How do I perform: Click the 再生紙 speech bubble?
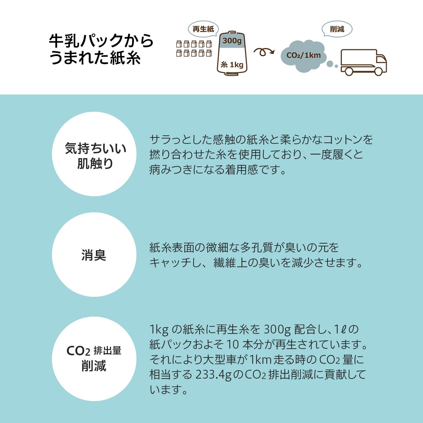pyautogui.click(x=203, y=29)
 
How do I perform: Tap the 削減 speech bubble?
pyautogui.click(x=337, y=29)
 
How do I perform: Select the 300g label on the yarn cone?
pyautogui.click(x=232, y=41)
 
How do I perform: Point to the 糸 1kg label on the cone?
pyautogui.click(x=232, y=65)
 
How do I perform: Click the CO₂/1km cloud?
pyautogui.click(x=304, y=55)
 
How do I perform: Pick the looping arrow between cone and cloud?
pyautogui.click(x=264, y=52)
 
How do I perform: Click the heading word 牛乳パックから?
pyautogui.click(x=102, y=41)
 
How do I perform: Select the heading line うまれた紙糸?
pyautogui.click(x=95, y=58)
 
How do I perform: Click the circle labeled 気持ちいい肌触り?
pyautogui.click(x=94, y=154)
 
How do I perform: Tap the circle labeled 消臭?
pyautogui.click(x=94, y=255)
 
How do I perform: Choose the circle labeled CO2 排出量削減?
pyautogui.click(x=94, y=358)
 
